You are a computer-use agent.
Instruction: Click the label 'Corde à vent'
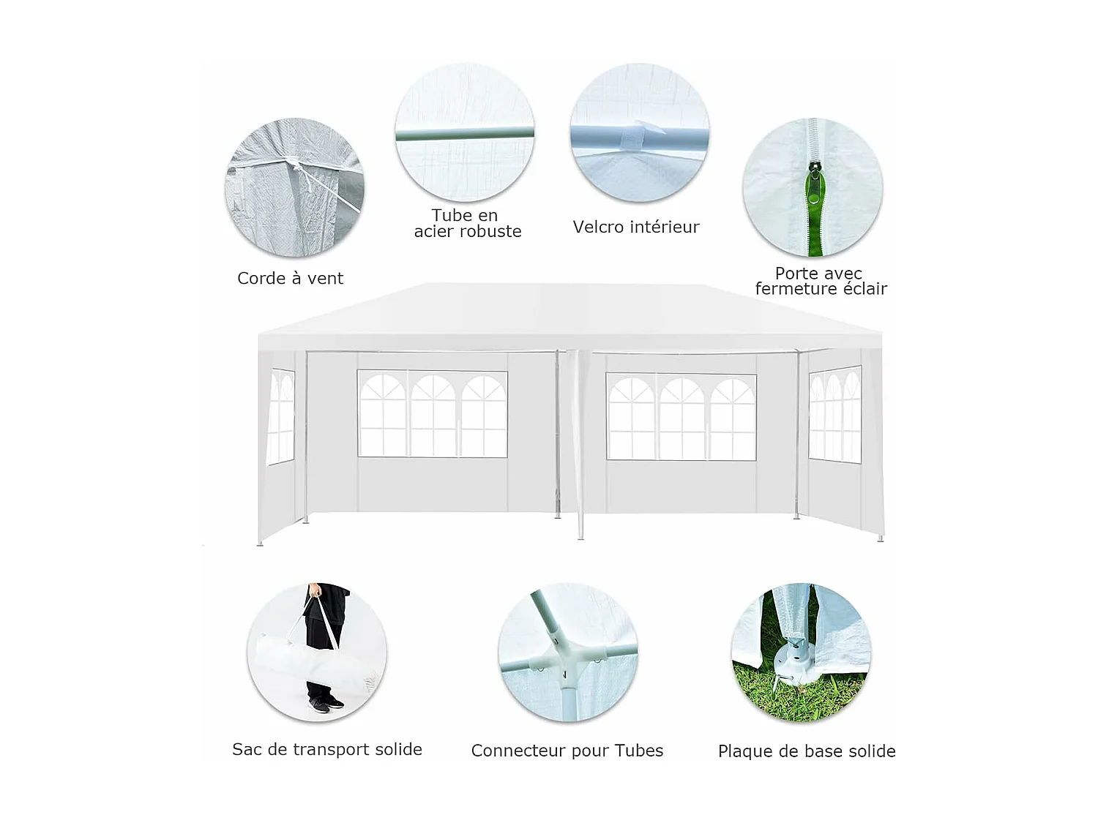tap(290, 279)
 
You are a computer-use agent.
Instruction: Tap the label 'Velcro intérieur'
tap(635, 228)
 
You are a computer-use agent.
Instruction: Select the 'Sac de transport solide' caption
tap(326, 750)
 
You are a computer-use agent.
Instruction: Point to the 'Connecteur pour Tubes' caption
tap(567, 751)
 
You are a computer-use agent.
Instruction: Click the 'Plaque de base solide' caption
tap(806, 752)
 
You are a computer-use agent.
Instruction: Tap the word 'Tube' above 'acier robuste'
tap(451, 216)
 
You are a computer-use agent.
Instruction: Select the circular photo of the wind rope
tap(294, 187)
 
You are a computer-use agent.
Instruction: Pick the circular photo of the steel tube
tap(465, 132)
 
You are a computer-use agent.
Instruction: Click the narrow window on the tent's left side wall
tap(281, 416)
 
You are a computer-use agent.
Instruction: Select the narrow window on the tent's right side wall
tap(834, 415)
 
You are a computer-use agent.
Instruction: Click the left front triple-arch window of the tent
tap(432, 414)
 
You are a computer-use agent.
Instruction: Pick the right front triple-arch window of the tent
tap(681, 417)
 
